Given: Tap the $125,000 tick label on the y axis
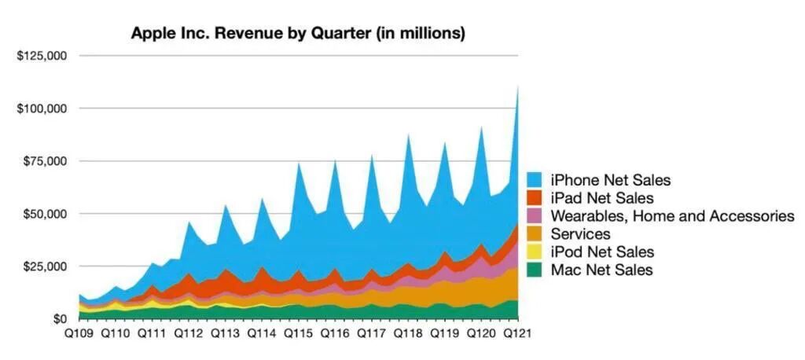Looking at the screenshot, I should [40, 56].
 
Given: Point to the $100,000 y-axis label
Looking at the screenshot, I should [40, 108].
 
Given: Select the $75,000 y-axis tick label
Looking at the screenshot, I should [43, 161].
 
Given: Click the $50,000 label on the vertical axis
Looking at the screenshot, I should [43, 214].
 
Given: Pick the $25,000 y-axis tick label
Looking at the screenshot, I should [43, 266].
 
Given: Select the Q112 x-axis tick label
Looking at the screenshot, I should [188, 335].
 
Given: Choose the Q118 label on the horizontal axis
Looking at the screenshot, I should [407, 335].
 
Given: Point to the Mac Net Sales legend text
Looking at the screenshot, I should [601, 270].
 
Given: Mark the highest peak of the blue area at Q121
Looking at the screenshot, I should [518, 86].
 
